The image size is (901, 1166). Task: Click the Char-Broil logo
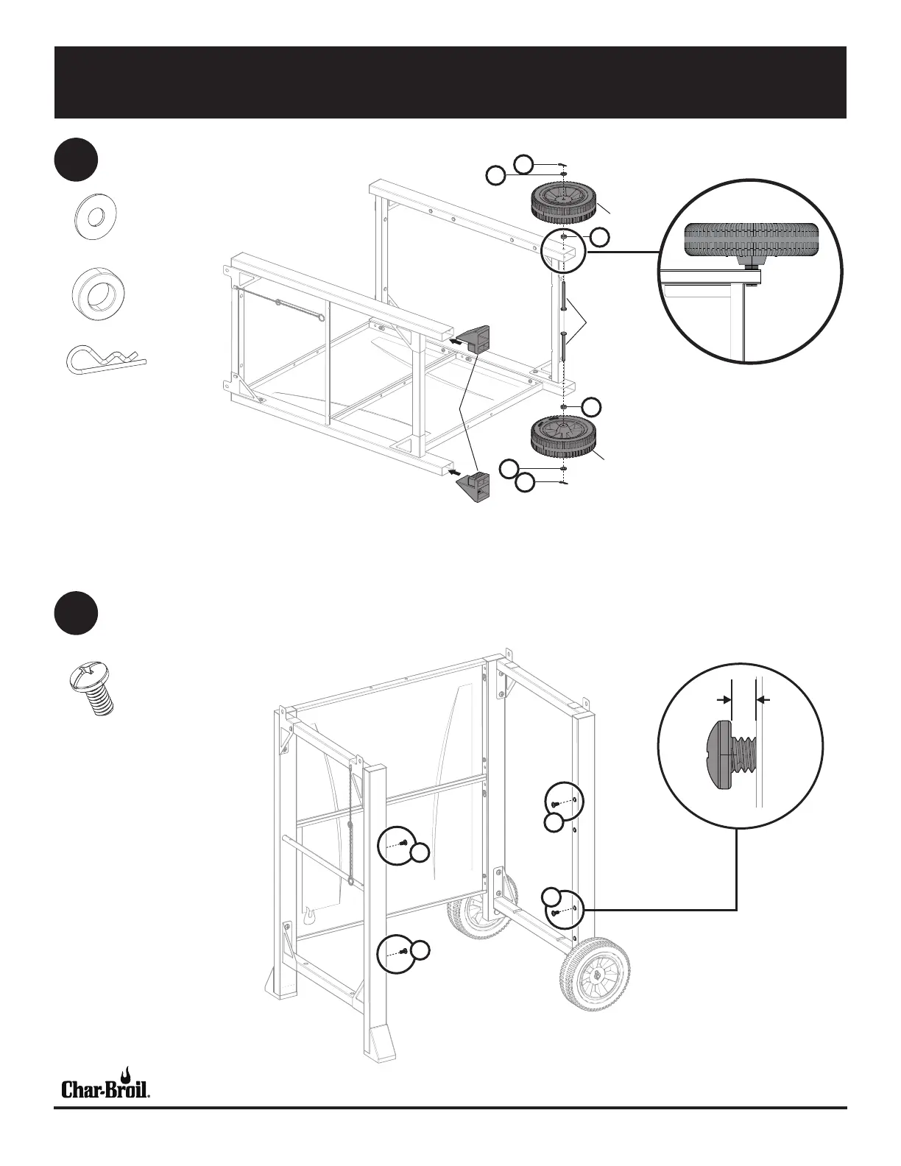106,1084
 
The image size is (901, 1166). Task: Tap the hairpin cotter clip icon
106,359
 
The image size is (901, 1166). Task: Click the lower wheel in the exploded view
562,437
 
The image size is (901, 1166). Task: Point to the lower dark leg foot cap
475,488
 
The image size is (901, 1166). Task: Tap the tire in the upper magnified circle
751,240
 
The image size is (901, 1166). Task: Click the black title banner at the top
450,82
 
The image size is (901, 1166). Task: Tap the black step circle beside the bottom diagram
76,612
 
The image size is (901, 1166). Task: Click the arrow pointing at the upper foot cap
459,341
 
